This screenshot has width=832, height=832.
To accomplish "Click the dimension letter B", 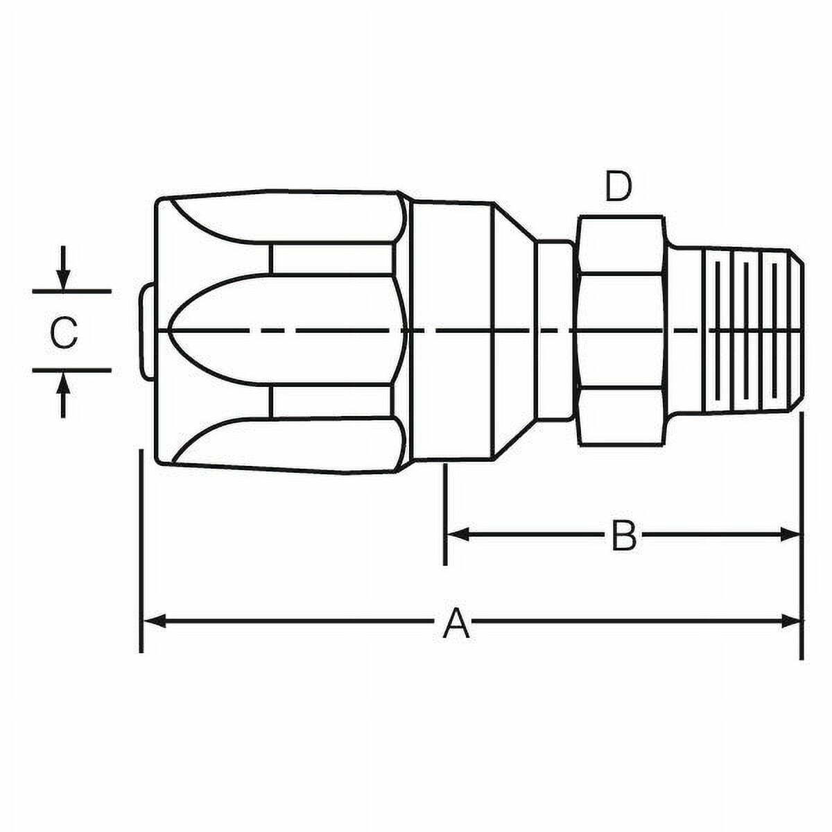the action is click(623, 535).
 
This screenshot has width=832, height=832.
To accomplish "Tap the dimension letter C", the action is click(64, 333).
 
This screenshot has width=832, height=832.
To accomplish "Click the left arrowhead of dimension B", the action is click(458, 535).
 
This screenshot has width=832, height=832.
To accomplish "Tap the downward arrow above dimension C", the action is click(64, 268).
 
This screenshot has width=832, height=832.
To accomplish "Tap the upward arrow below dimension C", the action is click(64, 396).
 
